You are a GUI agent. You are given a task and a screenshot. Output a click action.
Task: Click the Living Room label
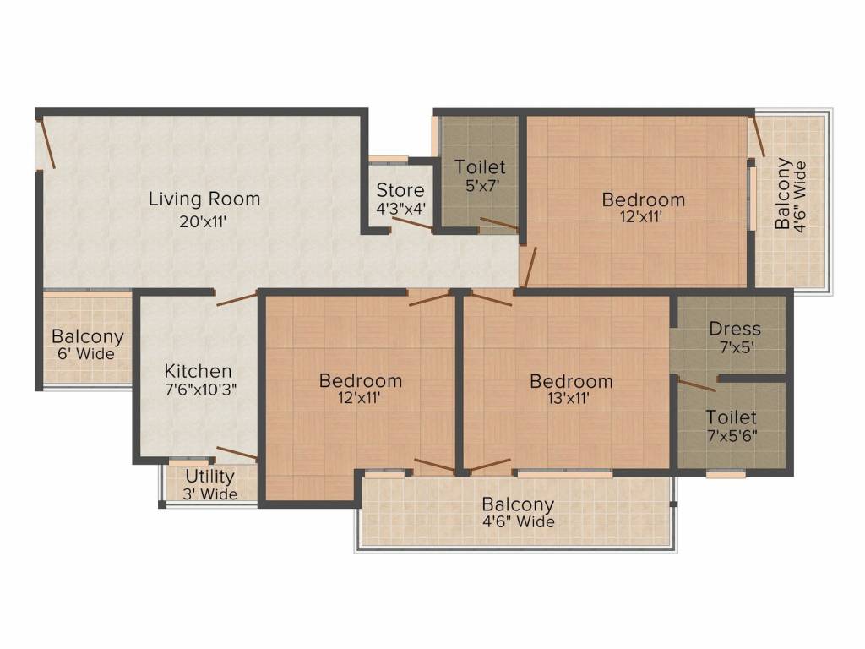204,199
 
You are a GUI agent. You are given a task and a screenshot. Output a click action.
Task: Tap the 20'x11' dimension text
203,222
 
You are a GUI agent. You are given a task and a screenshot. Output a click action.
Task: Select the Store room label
400,190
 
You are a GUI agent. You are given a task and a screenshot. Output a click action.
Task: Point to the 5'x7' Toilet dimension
482,185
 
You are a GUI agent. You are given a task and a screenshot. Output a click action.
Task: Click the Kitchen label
198,371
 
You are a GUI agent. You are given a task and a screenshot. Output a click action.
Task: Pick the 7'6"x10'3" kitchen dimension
200,390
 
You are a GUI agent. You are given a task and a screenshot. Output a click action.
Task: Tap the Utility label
209,477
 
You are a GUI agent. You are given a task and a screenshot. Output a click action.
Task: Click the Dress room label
735,329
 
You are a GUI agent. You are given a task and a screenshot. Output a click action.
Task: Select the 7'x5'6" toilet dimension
732,436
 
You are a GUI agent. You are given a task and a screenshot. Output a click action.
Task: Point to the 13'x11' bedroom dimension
569,398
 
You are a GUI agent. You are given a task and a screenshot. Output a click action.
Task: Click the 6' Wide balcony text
86,354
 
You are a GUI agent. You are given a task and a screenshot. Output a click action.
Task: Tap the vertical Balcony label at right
782,194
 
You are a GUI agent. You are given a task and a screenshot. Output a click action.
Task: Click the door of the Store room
412,223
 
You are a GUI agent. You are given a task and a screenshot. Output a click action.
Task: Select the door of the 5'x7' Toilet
499,223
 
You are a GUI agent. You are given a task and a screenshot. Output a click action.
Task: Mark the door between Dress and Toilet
697,385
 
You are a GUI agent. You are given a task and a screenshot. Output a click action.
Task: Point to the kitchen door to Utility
237,453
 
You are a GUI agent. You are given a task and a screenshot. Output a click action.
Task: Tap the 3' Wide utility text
210,494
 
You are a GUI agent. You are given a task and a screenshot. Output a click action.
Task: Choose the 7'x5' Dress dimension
737,347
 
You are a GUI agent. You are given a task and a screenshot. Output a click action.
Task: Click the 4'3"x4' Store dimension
400,210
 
